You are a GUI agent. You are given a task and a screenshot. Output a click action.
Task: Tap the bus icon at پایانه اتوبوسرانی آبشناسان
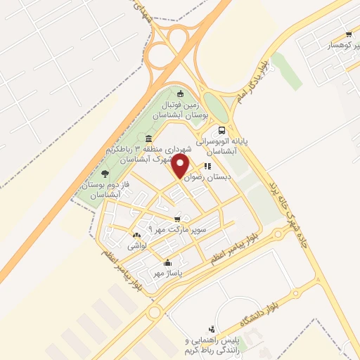point(222,130)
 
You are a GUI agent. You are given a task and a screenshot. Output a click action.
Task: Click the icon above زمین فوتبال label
point(181,94)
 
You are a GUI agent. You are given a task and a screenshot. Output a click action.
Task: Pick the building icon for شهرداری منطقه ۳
point(148,137)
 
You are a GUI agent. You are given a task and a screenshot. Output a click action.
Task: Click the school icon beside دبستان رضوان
point(207,167)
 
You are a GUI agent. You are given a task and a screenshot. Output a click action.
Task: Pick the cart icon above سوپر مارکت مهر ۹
point(176,218)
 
